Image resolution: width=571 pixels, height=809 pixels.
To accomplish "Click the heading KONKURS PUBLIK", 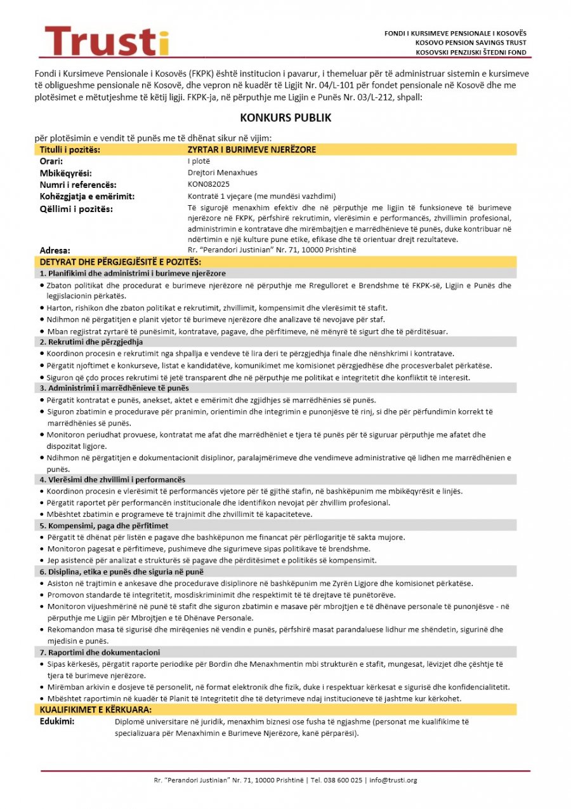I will click(285, 118).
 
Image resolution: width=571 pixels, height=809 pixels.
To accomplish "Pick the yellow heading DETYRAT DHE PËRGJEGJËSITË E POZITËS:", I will click(120, 262).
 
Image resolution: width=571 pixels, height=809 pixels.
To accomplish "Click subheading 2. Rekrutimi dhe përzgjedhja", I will click(91, 342).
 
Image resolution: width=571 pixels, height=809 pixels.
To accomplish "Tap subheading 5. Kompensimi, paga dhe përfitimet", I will click(104, 525).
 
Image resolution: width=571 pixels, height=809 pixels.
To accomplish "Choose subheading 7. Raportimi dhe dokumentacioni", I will click(100, 652).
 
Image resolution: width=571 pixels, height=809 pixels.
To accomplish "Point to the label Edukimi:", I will click(57, 721).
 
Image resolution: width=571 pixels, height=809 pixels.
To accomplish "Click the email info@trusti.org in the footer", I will click(393, 780).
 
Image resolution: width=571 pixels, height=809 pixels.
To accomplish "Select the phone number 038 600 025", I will click(342, 780).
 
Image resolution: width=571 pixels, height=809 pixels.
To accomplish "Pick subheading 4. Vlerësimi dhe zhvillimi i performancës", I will click(112, 479).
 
